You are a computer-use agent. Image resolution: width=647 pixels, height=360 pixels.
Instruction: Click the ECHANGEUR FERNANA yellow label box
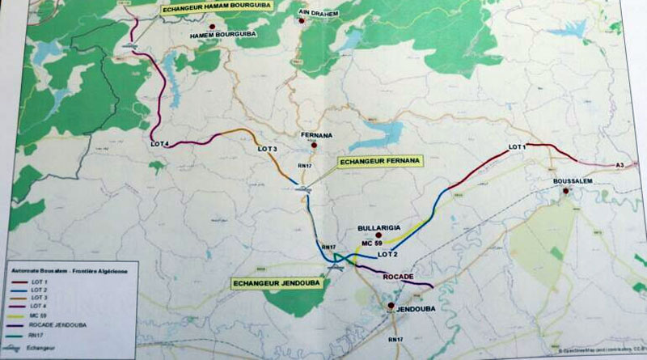click(379, 162)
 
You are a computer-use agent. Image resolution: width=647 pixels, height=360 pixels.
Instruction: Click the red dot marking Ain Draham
click(302, 22)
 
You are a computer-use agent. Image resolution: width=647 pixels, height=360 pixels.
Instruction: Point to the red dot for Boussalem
click(568, 192)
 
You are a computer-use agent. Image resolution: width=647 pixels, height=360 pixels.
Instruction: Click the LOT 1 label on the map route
click(518, 147)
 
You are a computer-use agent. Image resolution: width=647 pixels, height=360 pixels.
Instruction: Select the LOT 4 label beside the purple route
click(159, 144)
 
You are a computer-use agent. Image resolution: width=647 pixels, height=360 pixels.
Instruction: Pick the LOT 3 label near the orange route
click(267, 150)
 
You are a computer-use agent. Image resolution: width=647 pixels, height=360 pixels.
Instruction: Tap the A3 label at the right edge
click(620, 165)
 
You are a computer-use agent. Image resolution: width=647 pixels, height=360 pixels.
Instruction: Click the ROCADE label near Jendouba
click(398, 277)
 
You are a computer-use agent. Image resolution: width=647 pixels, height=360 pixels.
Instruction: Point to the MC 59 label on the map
click(372, 244)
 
